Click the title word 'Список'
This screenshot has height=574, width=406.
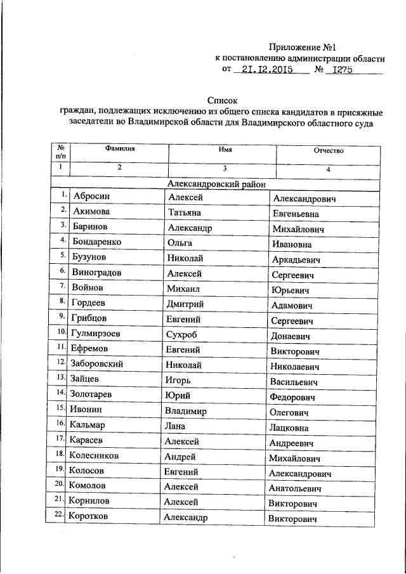coord(221,100)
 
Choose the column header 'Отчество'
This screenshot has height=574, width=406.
coord(328,152)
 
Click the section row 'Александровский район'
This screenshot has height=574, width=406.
coord(216,184)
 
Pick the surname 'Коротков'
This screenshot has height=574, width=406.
coord(89,517)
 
